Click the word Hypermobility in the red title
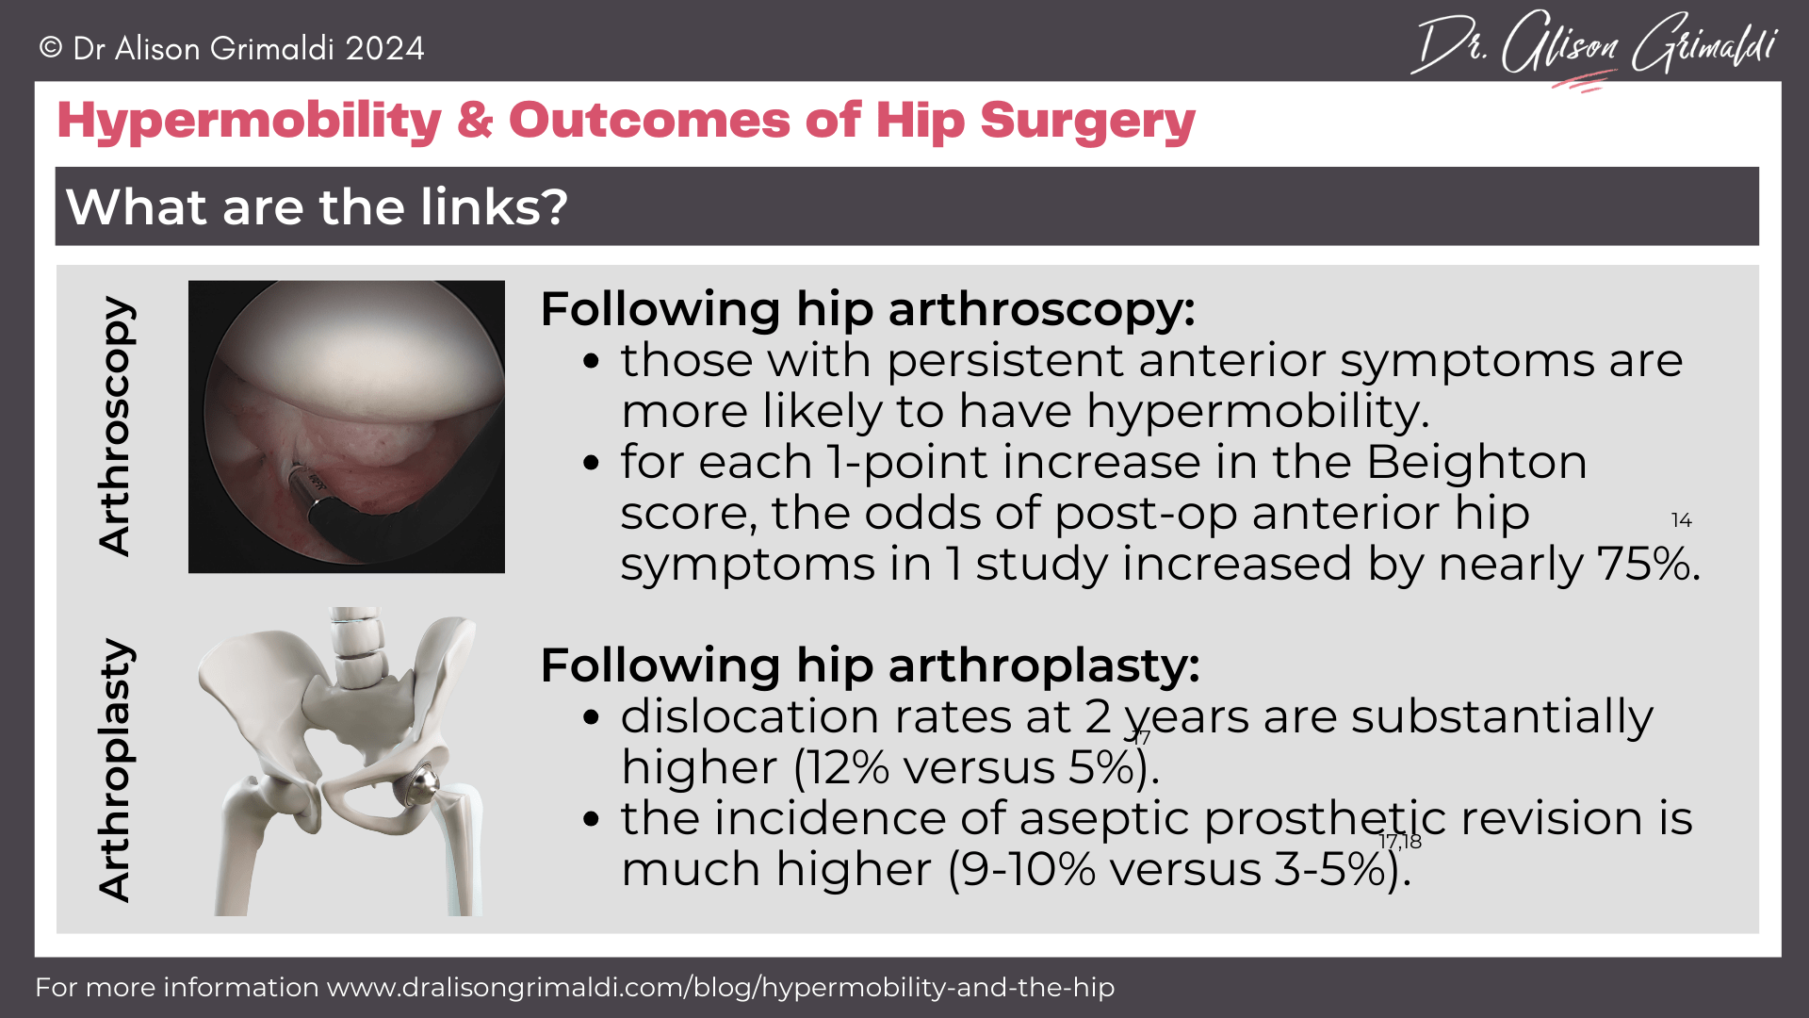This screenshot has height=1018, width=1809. pos(249,121)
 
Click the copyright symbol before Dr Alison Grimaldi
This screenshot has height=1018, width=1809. pos(51,48)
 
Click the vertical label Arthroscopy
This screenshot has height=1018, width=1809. pos(117,426)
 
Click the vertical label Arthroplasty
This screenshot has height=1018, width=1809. pos(117,770)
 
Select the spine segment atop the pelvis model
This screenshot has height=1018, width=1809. pos(356,650)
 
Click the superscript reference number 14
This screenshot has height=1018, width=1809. pos(1681,520)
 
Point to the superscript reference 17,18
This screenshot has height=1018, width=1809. pos(1400,842)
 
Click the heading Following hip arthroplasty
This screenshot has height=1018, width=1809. pos(869,665)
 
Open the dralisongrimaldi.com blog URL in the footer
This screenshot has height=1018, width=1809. pos(720,987)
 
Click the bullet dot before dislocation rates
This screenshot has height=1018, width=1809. pos(591,717)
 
